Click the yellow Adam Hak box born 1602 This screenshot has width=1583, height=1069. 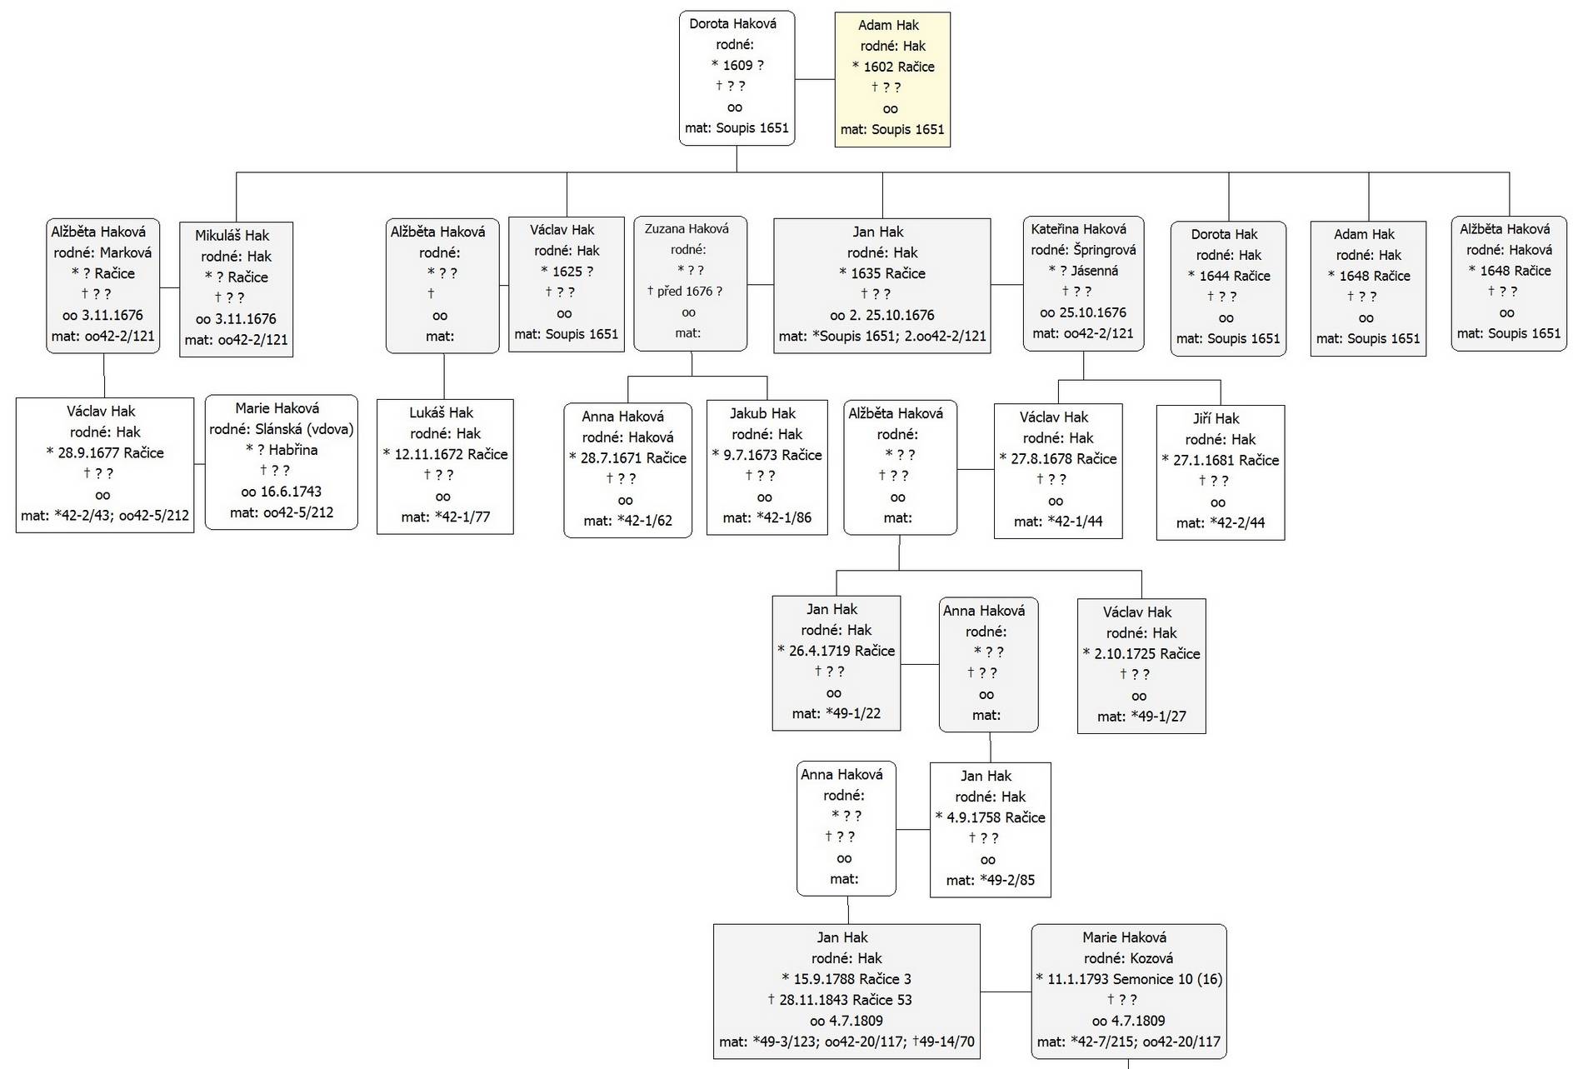click(892, 79)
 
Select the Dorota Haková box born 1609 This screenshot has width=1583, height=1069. click(737, 78)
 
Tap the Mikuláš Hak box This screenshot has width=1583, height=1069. click(236, 289)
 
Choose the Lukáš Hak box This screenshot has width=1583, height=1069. click(445, 467)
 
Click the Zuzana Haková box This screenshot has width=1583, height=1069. click(690, 284)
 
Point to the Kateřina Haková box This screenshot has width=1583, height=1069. click(1083, 284)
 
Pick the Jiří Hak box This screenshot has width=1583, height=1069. click(1221, 472)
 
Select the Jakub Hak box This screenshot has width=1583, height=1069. click(767, 467)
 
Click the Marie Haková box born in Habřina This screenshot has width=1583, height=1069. click(282, 462)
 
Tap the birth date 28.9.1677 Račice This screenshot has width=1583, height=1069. click(105, 452)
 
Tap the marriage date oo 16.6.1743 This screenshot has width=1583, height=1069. click(281, 492)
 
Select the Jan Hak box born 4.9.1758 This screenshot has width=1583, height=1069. click(991, 830)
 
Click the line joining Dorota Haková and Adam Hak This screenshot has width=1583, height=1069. click(815, 79)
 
